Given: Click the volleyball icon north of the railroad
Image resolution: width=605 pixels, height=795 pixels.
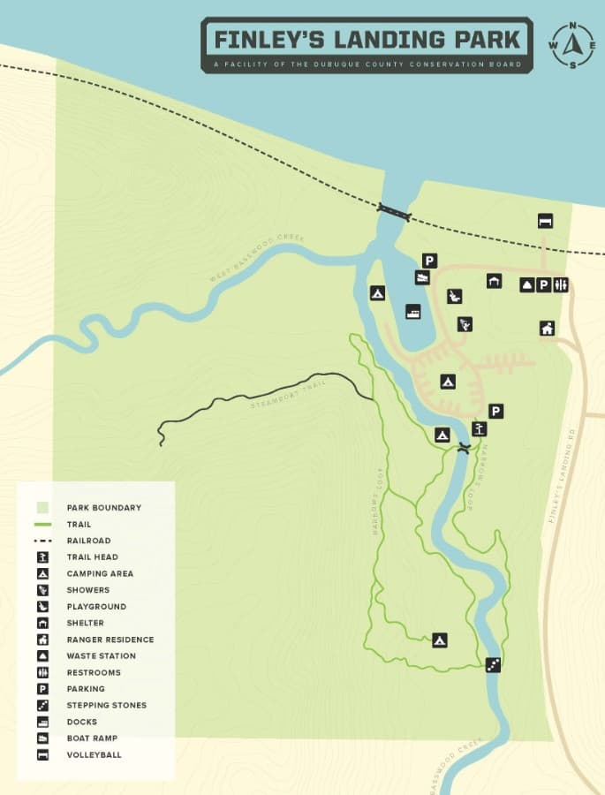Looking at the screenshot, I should point(545,221).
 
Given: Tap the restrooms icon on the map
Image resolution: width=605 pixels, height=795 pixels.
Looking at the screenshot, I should point(560,284).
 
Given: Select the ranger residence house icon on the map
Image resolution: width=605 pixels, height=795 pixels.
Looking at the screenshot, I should point(547,328).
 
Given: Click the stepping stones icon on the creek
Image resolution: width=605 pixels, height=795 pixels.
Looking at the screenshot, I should point(493,665).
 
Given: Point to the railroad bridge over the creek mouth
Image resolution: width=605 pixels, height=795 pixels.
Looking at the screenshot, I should point(394,210).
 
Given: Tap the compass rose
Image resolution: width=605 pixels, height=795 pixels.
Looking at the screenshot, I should point(572,44).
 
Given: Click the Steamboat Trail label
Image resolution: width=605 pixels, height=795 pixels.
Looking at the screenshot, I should point(283,395).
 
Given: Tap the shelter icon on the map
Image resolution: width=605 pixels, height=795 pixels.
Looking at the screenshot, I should point(493,281).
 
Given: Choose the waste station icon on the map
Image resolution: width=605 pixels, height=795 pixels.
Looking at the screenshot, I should point(526,284).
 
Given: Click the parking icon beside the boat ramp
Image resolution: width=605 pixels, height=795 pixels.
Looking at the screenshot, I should point(429,260).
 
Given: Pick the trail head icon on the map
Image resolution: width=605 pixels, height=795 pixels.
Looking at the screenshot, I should point(479,429).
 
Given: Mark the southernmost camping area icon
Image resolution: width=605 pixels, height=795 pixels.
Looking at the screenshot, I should point(439,640).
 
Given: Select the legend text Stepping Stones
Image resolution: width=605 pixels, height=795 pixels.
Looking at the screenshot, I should point(106,705).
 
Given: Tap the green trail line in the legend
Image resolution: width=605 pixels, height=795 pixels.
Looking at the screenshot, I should point(42,525).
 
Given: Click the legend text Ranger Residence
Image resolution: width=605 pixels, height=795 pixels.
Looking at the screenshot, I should point(110,640).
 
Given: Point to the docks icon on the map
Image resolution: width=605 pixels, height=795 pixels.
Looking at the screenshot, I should point(412,311).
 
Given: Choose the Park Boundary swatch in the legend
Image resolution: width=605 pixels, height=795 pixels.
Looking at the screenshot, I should point(42,508).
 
